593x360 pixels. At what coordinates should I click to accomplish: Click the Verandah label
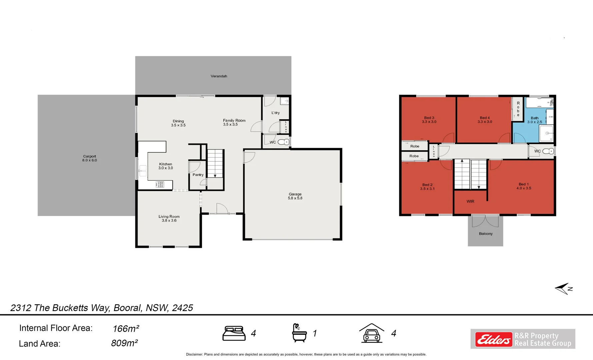point(219,76)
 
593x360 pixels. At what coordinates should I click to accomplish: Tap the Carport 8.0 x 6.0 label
point(89,158)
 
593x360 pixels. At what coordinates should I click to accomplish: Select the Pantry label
point(198,175)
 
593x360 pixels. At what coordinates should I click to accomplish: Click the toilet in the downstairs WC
point(284,142)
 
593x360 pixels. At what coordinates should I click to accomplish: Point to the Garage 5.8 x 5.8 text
point(295,196)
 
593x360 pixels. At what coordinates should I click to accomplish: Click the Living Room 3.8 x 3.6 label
point(169,218)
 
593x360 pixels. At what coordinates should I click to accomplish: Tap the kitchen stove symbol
point(160,184)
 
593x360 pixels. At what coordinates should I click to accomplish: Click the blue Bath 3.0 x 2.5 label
point(534,120)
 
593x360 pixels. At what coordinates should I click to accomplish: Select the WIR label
point(470,201)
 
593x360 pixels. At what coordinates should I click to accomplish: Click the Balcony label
point(485,234)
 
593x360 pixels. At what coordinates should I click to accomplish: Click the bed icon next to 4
point(234,333)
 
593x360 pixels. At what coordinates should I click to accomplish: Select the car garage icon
point(371,333)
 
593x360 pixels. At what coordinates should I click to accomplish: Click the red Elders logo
point(493,339)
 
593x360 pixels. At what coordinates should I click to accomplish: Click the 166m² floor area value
point(126,329)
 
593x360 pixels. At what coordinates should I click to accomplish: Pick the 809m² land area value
point(124,343)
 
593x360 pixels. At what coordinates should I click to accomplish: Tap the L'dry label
point(275,113)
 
